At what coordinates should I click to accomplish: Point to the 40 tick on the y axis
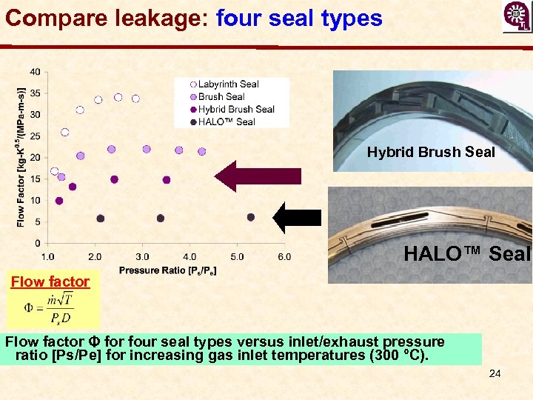click(35, 72)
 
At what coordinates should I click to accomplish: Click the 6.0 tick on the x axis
click(284, 257)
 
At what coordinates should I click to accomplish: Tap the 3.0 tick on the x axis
click(142, 257)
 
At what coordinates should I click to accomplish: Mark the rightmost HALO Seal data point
click(251, 217)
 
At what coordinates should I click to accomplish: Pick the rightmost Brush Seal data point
click(202, 151)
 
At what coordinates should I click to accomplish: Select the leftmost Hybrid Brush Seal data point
click(59, 201)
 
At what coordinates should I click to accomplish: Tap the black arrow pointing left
click(297, 217)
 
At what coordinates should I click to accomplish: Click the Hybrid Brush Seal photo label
click(431, 153)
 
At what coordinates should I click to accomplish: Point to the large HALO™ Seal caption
click(467, 254)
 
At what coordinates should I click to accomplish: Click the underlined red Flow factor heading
click(50, 281)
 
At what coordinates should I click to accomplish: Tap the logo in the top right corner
click(516, 17)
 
